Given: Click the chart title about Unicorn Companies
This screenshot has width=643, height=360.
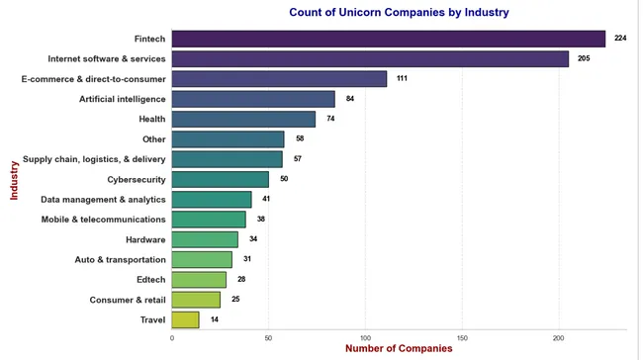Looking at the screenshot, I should pos(399,13).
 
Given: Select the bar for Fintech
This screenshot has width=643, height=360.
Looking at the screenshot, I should pos(388,39).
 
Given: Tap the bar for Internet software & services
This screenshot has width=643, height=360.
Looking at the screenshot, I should pos(370,58).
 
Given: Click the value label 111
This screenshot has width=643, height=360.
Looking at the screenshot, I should pos(403,78).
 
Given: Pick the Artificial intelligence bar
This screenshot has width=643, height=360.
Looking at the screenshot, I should pos(253,99).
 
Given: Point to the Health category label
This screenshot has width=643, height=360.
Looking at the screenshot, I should pos(152,119).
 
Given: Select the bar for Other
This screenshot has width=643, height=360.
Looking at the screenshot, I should pos(228,138).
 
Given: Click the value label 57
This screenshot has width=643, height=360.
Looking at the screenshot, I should pos(297,159).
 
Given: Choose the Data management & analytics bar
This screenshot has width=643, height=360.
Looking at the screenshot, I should pos(212,199).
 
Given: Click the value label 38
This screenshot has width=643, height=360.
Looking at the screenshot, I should pos(261,220).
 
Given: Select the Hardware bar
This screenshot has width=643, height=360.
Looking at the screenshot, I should pos(205,239).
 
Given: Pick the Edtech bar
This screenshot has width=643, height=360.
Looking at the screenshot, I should pos(199,280).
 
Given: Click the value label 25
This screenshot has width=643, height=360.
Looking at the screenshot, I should pos(235,300).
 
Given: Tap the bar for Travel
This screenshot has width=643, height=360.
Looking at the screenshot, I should pos(185,319).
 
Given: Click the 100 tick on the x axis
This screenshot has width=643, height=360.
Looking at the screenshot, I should pos(366,337).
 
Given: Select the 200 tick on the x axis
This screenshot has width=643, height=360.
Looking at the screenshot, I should pos(559,337).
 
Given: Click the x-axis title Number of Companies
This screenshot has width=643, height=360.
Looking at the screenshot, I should pos(399,349).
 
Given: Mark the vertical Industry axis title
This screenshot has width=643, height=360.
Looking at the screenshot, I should pos(14,179).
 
